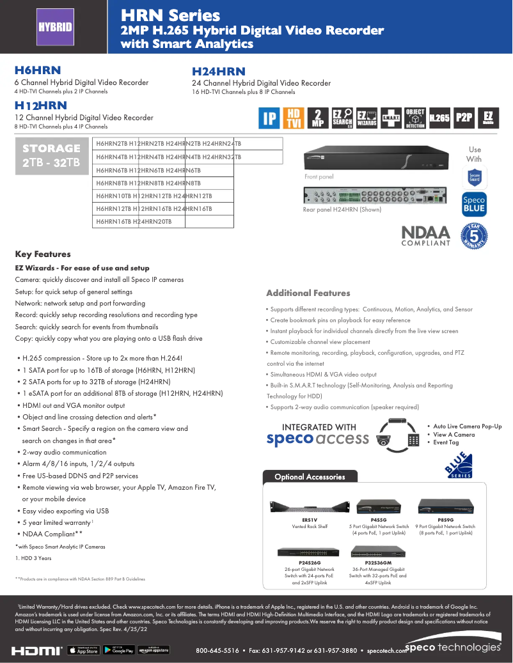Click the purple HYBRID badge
coord(54,27)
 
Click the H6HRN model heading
coord(38,70)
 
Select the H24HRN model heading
coord(219,72)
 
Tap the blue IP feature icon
coord(269,118)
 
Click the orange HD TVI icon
coord(294,118)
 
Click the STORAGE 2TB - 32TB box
coord(51,155)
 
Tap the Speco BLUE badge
coord(474,204)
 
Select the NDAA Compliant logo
coord(425,235)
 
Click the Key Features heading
coord(43,254)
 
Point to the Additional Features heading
coord(308,293)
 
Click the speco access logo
coord(317,438)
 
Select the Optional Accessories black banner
coord(310,476)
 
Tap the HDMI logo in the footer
coord(36,650)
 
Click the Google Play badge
coord(122,650)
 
